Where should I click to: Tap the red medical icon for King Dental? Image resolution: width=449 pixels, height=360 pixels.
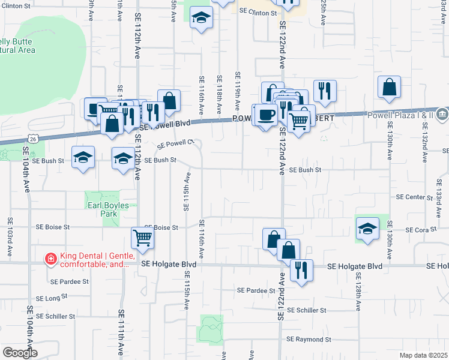(52, 259)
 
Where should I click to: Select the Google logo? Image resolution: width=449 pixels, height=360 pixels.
(20, 353)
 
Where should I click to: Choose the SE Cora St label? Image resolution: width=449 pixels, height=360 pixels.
(419, 230)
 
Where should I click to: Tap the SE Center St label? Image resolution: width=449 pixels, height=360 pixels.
(414, 197)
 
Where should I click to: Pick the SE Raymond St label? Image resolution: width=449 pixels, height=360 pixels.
(309, 339)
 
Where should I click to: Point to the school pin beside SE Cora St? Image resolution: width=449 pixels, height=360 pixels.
(367, 229)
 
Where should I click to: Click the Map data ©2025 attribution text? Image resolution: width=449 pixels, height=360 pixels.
(423, 355)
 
